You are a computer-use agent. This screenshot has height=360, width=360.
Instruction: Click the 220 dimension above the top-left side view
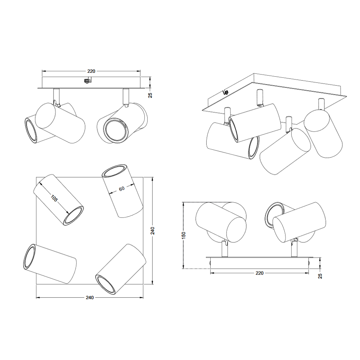(x=91, y=71)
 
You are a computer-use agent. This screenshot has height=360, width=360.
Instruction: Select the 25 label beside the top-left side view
(x=150, y=95)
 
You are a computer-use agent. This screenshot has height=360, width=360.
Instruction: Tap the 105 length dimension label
(x=54, y=198)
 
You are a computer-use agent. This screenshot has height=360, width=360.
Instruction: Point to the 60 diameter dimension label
(x=122, y=189)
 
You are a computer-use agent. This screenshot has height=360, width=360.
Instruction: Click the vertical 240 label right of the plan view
(x=152, y=230)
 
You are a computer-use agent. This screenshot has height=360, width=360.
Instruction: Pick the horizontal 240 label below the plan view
(x=90, y=298)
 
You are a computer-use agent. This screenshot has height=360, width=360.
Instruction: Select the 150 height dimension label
(x=184, y=235)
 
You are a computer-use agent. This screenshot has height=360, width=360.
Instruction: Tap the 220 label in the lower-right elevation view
(x=260, y=273)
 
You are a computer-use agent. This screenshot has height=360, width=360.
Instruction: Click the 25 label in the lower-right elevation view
(x=320, y=276)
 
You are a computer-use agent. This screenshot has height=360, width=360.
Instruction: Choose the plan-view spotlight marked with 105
(x=59, y=200)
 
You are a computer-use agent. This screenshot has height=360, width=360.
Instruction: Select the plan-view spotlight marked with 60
(x=122, y=191)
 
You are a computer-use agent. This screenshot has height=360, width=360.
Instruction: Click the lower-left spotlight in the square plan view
(x=50, y=264)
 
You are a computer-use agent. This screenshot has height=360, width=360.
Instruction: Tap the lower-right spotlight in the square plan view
(x=121, y=269)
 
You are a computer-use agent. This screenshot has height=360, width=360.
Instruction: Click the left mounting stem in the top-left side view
(x=57, y=97)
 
